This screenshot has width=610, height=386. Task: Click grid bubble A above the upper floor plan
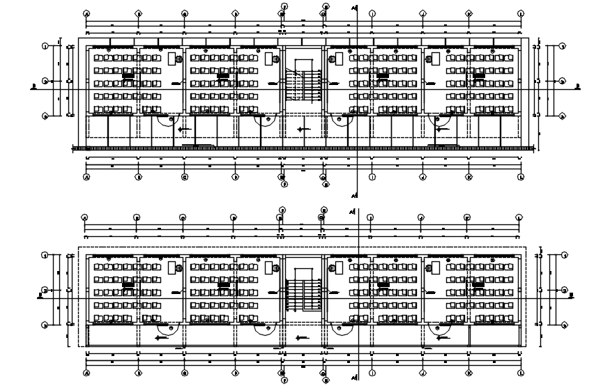pos(86,13)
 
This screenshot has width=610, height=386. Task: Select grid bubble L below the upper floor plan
pos(521,177)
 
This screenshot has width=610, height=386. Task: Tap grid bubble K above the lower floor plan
pos(468,217)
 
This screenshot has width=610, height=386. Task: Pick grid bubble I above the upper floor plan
pos(372,13)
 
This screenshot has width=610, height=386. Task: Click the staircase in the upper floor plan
pos(303,82)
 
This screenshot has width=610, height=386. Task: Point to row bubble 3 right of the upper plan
pos(562,116)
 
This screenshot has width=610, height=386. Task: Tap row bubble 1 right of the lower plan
pos(562,256)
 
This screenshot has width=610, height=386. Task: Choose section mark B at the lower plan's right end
pos(576,295)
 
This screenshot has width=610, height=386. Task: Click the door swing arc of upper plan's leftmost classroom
pos(166,120)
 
